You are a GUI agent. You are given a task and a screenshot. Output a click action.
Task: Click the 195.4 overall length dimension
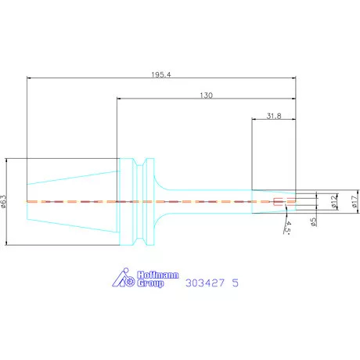[161, 75]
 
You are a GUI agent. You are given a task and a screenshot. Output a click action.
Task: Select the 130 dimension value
[206, 95]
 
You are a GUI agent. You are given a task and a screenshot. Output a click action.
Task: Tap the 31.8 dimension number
[274, 116]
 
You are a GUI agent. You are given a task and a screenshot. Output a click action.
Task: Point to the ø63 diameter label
[3, 201]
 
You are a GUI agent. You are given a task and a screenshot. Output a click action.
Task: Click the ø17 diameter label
[355, 202]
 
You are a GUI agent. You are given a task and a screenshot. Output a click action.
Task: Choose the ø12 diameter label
[334, 202]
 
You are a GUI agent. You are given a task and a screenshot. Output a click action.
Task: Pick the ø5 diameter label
[313, 221]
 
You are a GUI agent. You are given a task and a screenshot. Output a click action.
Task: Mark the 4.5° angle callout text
[287, 228]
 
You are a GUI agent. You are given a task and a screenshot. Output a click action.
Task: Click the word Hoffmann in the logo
[158, 275]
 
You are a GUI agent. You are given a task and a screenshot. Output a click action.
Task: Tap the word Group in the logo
[150, 283]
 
